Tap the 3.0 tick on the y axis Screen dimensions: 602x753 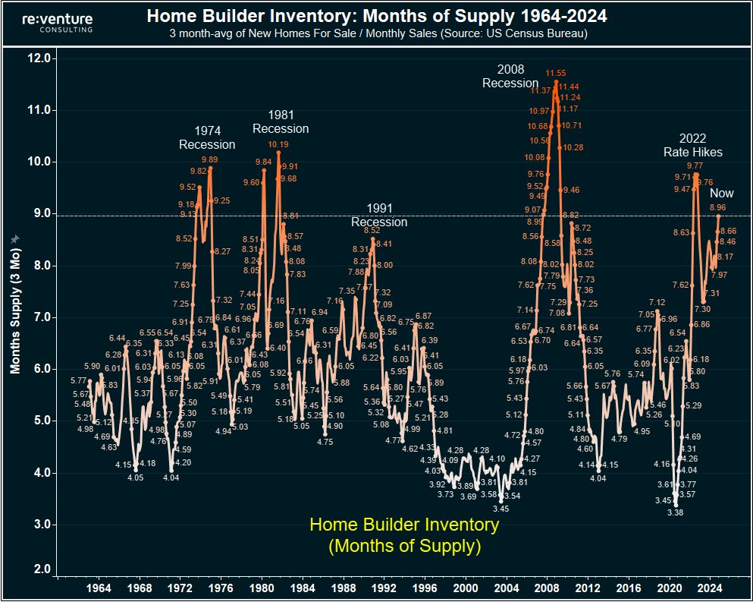(42, 525)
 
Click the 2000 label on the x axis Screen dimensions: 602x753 (466, 588)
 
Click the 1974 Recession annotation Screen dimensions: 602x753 (207, 137)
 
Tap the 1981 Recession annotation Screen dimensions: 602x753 (281, 121)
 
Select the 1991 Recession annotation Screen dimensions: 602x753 (378, 215)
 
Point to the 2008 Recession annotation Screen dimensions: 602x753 (510, 76)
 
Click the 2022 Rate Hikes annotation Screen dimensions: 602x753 (693, 145)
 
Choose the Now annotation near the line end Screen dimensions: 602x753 (722, 194)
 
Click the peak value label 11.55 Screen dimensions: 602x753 (556, 74)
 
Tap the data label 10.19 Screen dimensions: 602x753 (278, 144)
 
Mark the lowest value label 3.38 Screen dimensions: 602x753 (675, 512)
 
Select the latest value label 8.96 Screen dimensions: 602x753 (718, 207)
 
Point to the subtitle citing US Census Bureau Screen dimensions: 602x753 (378, 34)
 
